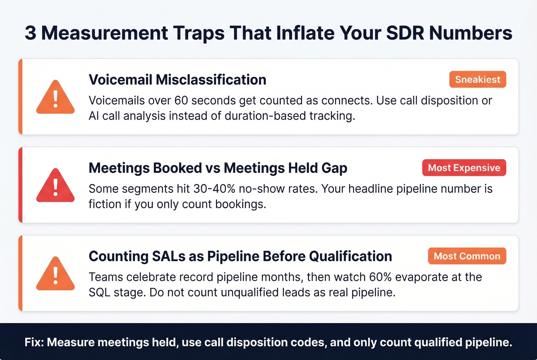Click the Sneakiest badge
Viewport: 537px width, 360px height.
pos(478,79)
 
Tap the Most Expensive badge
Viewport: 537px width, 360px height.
pos(464,168)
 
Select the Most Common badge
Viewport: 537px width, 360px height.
pos(467,256)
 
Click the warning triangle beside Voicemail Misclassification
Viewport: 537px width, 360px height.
pos(55,98)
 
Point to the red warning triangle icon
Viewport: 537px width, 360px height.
pos(55,186)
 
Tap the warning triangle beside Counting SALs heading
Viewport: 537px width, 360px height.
pos(55,275)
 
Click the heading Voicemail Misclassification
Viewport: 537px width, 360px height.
pos(177,80)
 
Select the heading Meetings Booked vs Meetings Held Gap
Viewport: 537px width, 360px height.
pos(218,168)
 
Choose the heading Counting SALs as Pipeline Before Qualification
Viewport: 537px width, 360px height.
pos(240,256)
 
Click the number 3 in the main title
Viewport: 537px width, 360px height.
pos(30,33)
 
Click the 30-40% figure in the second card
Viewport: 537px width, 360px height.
pos(214,189)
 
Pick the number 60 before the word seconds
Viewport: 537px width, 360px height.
pos(181,100)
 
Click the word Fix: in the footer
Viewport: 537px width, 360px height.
pos(34,342)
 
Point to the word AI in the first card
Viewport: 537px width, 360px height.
pos(93,116)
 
